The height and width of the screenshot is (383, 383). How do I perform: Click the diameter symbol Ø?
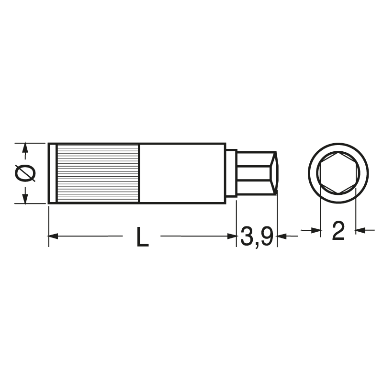25,173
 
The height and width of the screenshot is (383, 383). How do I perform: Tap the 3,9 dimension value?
257,237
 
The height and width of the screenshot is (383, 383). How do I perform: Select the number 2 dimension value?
338,232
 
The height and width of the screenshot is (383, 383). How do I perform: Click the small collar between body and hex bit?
231,173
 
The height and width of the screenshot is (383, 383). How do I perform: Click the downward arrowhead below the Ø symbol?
25,197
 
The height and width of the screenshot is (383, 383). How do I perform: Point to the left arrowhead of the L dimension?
53,236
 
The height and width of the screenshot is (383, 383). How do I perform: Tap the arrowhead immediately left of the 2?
316,231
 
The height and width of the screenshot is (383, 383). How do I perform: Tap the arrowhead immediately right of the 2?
360,231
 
